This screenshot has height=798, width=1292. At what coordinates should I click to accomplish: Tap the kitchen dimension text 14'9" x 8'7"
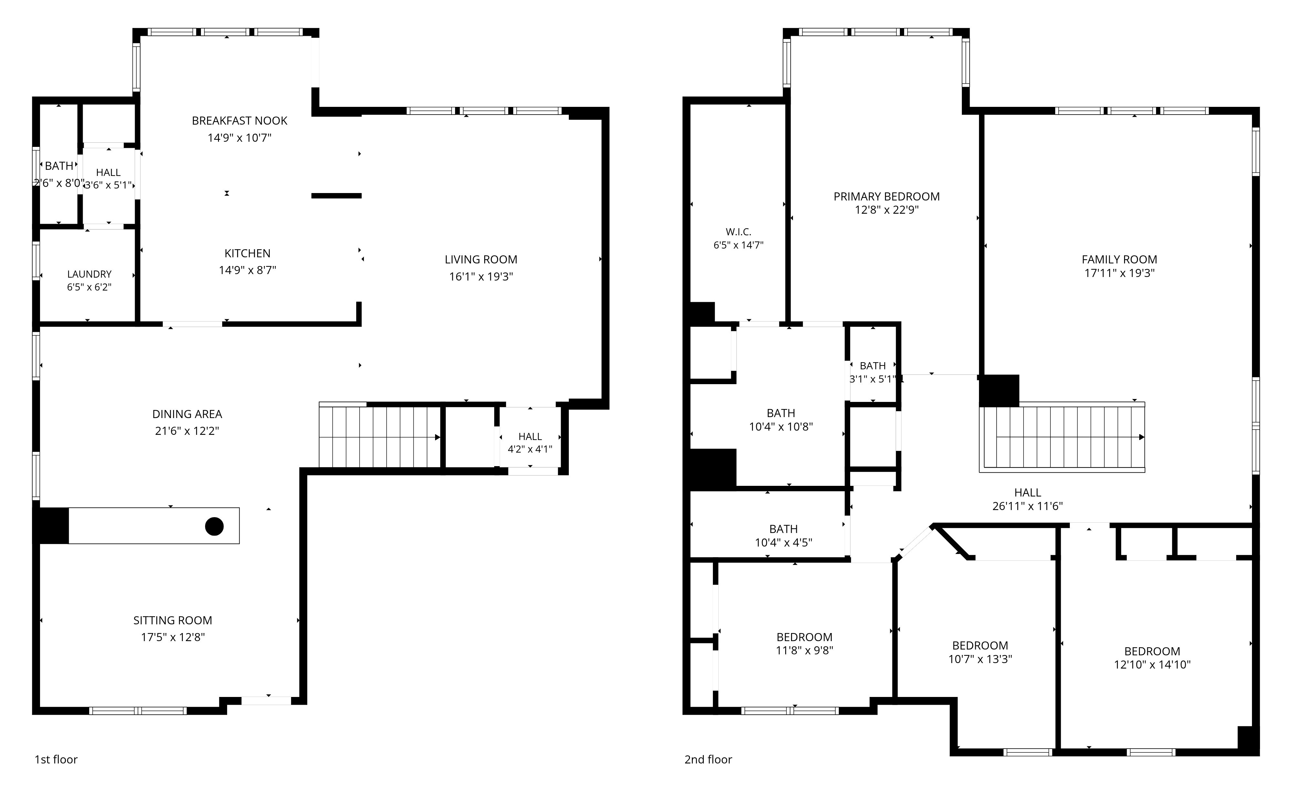[x=248, y=270]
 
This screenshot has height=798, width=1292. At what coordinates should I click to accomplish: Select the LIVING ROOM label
[x=481, y=260]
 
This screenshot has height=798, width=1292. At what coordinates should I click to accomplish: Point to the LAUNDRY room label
[x=89, y=274]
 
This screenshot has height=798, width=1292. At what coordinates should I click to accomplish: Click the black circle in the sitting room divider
[x=214, y=526]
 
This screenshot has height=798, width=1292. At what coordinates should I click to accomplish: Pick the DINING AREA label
[x=187, y=414]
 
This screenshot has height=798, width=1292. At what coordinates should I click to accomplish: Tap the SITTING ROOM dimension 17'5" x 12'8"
[x=173, y=637]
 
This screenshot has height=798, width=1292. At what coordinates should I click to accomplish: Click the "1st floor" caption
[x=56, y=760]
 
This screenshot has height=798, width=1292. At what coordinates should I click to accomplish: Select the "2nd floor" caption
[x=708, y=760]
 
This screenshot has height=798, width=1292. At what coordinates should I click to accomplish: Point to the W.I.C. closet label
[x=738, y=232]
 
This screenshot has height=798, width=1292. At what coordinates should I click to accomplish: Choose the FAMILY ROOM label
[x=1119, y=260]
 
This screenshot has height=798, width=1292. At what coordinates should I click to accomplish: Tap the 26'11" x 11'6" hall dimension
[x=1027, y=506]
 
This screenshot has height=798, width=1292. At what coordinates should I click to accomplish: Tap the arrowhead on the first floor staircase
[x=437, y=437]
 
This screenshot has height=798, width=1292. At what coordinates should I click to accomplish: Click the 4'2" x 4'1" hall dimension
[x=530, y=449]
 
